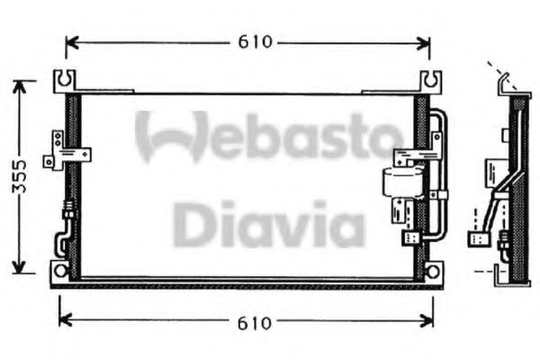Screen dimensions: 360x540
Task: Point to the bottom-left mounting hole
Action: [60, 269]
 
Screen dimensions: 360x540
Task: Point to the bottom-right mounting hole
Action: [434, 269]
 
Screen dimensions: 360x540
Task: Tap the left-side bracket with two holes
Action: [58, 148]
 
